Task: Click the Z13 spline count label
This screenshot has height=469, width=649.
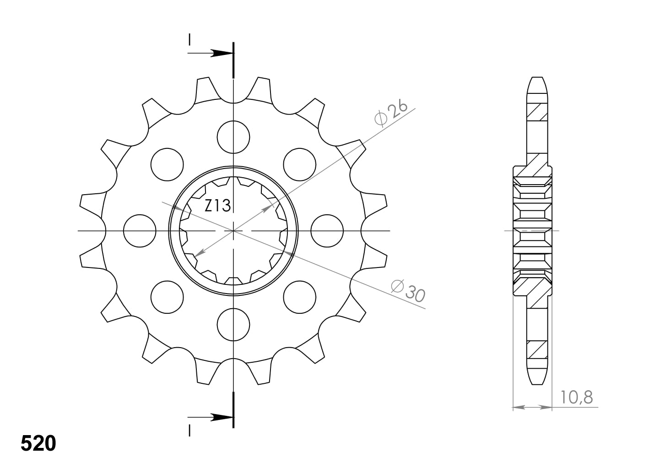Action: (x=217, y=206)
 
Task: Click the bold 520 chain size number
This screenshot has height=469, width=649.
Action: (x=38, y=443)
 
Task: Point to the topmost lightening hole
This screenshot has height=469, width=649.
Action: (x=234, y=137)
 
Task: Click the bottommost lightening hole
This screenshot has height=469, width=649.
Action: (x=234, y=325)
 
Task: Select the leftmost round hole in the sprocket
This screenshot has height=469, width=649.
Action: (x=140, y=231)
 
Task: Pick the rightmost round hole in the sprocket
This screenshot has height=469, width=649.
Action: (x=327, y=231)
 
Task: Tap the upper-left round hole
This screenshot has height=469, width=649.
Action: (x=167, y=164)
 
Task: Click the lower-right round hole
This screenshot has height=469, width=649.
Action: (x=300, y=297)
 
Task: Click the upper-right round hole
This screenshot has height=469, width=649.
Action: (x=300, y=164)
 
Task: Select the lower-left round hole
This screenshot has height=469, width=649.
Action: (x=167, y=297)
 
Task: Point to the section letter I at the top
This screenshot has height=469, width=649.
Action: (x=189, y=40)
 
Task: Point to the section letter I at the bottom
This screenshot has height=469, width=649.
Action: (x=189, y=430)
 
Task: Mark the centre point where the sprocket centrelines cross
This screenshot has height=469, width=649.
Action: (x=234, y=231)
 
